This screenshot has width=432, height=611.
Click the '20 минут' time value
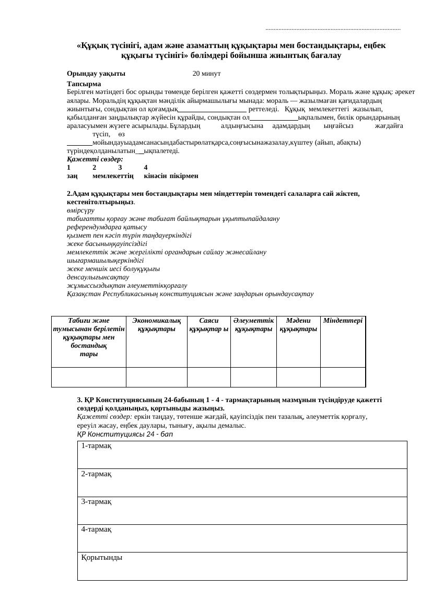(206, 74)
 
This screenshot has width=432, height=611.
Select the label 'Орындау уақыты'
(96, 74)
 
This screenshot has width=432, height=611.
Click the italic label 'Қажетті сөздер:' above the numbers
(95, 159)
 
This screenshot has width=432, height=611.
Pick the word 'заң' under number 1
(73, 177)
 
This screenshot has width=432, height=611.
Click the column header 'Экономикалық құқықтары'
(156, 325)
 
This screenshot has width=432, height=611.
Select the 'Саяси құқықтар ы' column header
(208, 325)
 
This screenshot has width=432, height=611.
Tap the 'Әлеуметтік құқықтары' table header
(253, 325)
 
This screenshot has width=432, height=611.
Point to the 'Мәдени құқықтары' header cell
(298, 325)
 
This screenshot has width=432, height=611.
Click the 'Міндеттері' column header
(343, 320)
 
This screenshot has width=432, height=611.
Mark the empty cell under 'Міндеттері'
(343, 377)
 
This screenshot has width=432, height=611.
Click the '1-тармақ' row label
(97, 446)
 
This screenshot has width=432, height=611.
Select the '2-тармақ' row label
(97, 474)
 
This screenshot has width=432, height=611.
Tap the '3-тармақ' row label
(97, 502)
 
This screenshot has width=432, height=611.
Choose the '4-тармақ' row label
(97, 530)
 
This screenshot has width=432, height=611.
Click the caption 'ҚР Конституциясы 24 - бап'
(125, 434)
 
